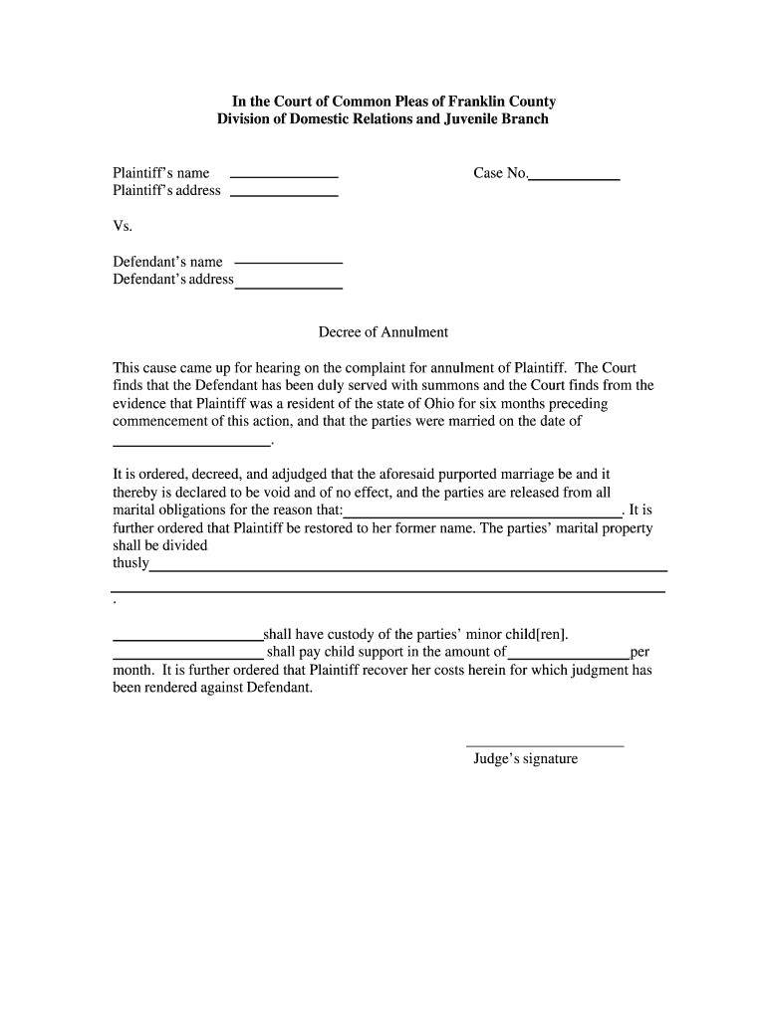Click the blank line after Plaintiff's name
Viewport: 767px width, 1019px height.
pyautogui.click(x=284, y=176)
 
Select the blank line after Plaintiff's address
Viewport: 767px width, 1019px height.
pyautogui.click(x=284, y=194)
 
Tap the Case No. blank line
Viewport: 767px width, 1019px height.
pyautogui.click(x=574, y=178)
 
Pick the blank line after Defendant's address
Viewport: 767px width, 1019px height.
pyautogui.click(x=288, y=287)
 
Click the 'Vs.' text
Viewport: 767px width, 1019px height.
pyautogui.click(x=123, y=226)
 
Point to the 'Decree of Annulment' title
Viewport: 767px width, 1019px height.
pyautogui.click(x=383, y=332)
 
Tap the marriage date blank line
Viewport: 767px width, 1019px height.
pyautogui.click(x=191, y=444)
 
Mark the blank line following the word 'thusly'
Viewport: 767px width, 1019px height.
pyautogui.click(x=408, y=570)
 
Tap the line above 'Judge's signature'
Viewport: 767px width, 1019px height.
pyautogui.click(x=545, y=745)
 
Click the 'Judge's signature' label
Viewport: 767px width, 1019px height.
pyautogui.click(x=525, y=759)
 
